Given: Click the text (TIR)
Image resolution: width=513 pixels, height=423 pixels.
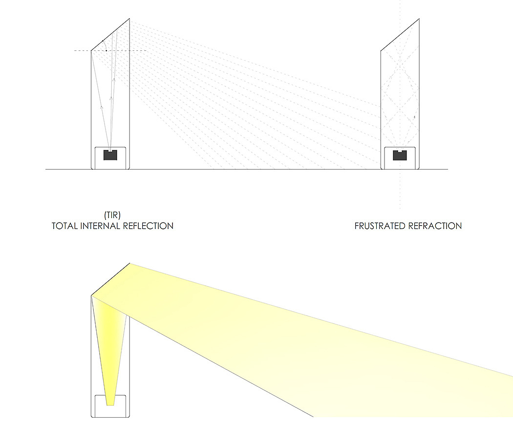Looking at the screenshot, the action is click(112, 215).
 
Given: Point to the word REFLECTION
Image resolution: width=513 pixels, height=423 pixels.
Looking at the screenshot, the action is click(150, 226).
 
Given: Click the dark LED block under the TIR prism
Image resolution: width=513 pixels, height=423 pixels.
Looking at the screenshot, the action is click(110, 155).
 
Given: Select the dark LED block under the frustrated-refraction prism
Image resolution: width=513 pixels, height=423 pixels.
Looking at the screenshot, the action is click(400, 156).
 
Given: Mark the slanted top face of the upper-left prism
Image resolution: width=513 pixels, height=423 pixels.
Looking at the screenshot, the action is click(110, 34).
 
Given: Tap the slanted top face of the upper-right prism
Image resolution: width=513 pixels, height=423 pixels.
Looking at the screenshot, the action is click(400, 34).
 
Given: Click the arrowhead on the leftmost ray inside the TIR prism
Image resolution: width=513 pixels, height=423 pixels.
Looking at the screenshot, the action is click(102, 106).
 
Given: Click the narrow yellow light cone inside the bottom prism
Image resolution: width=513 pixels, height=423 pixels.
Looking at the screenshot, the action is click(111, 352).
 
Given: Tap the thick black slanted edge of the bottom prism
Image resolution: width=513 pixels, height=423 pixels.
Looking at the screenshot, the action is click(110, 279).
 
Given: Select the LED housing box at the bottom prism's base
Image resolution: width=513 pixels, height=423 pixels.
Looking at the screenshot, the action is click(110, 406).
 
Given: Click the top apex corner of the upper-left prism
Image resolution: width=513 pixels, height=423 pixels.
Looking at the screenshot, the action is click(129, 19).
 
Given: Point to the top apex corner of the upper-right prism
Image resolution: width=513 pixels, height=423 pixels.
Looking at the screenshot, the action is click(419, 19).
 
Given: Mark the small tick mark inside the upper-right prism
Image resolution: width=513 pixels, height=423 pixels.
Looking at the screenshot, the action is click(414, 117).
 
